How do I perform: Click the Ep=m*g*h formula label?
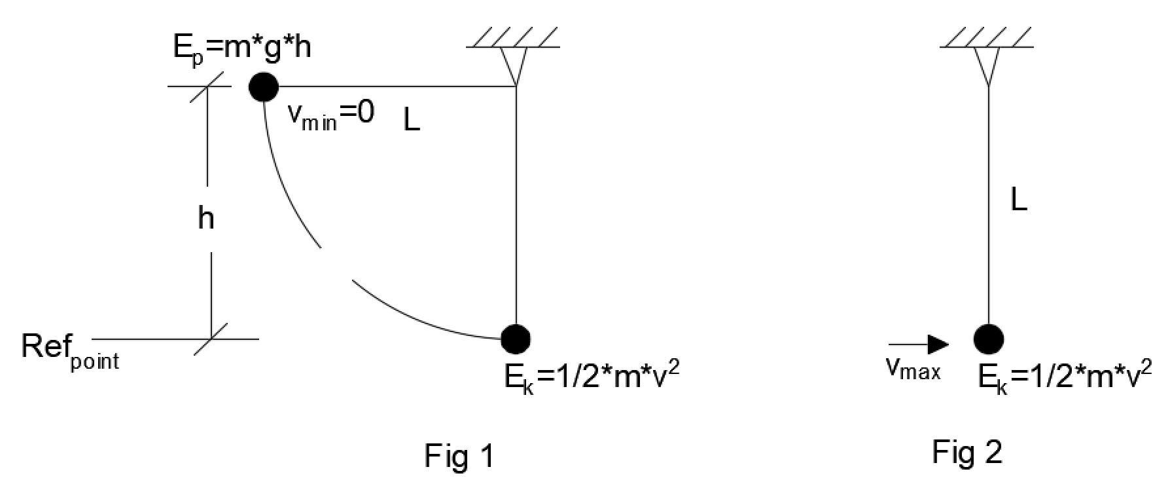click(x=241, y=48)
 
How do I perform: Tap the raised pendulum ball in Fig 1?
click(x=264, y=86)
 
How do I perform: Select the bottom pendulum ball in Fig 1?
click(x=516, y=339)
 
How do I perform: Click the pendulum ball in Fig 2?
click(x=989, y=339)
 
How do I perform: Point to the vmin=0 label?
click(x=330, y=115)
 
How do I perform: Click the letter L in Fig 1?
click(x=412, y=121)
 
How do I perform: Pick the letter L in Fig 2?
click(x=1019, y=200)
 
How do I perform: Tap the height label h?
click(x=206, y=219)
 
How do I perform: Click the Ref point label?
click(x=71, y=350)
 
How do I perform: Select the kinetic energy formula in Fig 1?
click(x=592, y=377)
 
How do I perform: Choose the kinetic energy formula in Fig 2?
click(x=1065, y=377)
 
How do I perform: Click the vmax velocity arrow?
click(x=919, y=344)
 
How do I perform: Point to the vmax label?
click(x=913, y=369)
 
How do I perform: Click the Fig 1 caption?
click(x=459, y=456)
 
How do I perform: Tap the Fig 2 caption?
click(x=967, y=453)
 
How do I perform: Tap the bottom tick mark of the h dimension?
click(x=211, y=339)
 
